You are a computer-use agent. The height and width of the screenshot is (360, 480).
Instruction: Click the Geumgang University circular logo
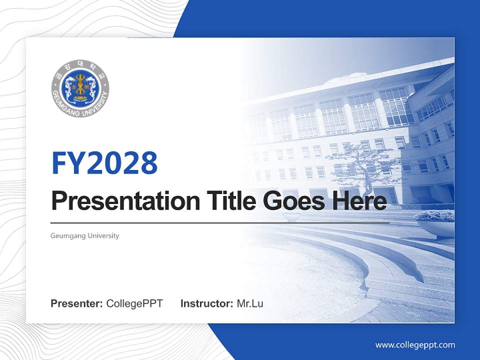click(x=80, y=89)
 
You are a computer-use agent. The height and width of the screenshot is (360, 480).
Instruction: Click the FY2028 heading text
click(x=104, y=162)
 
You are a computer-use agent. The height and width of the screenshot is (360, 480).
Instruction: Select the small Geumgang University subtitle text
click(x=85, y=235)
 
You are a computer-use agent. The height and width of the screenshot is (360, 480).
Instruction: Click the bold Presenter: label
click(x=77, y=303)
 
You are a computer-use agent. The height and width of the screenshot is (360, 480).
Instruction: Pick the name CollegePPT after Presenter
click(x=134, y=303)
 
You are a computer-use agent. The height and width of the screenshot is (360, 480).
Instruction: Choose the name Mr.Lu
click(x=250, y=303)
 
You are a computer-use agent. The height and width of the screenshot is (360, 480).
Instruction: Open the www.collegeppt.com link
click(x=415, y=344)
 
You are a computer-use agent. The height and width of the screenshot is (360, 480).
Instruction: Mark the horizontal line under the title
click(x=220, y=222)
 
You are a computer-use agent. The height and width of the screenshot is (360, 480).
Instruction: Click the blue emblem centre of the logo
click(x=80, y=88)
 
